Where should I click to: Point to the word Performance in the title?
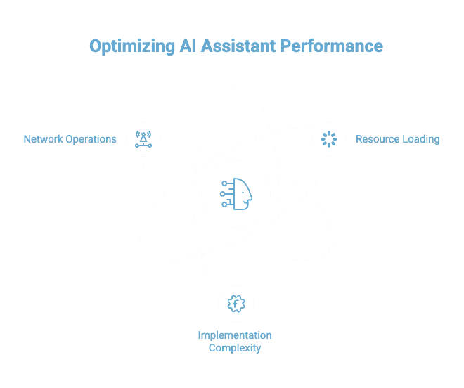[332, 46]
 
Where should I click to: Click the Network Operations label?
[70, 139]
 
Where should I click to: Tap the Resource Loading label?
[397, 139]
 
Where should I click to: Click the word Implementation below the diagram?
[235, 335]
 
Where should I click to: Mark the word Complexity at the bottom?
[235, 348]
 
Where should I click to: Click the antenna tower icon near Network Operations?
[143, 138]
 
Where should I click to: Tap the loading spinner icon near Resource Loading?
[329, 138]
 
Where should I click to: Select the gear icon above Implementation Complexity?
[236, 304]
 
